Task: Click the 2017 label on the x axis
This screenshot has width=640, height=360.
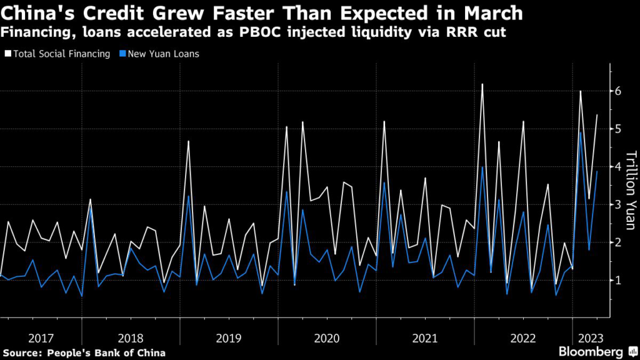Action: (x=41, y=338)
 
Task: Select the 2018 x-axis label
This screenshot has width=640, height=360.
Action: (x=130, y=338)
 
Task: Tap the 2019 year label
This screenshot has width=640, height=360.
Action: (x=228, y=338)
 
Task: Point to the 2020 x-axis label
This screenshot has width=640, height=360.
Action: (x=326, y=338)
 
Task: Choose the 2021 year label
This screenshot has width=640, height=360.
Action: (x=424, y=338)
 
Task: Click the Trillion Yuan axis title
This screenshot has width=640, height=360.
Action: (x=631, y=190)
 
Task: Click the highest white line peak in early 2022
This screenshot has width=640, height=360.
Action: (x=482, y=84)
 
